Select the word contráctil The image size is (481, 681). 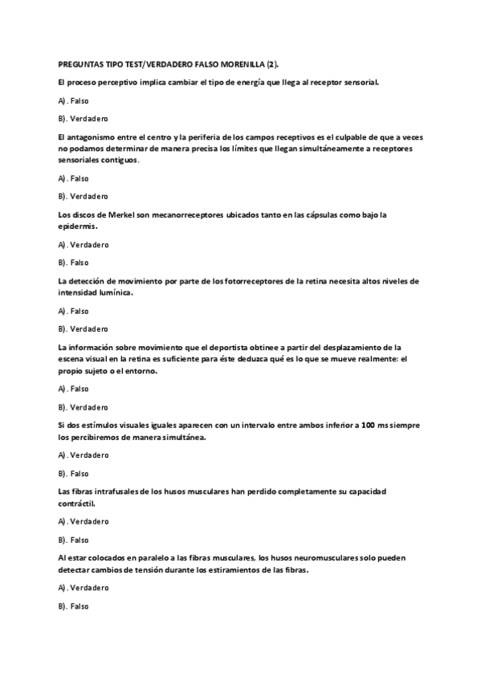pyautogui.click(x=77, y=504)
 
